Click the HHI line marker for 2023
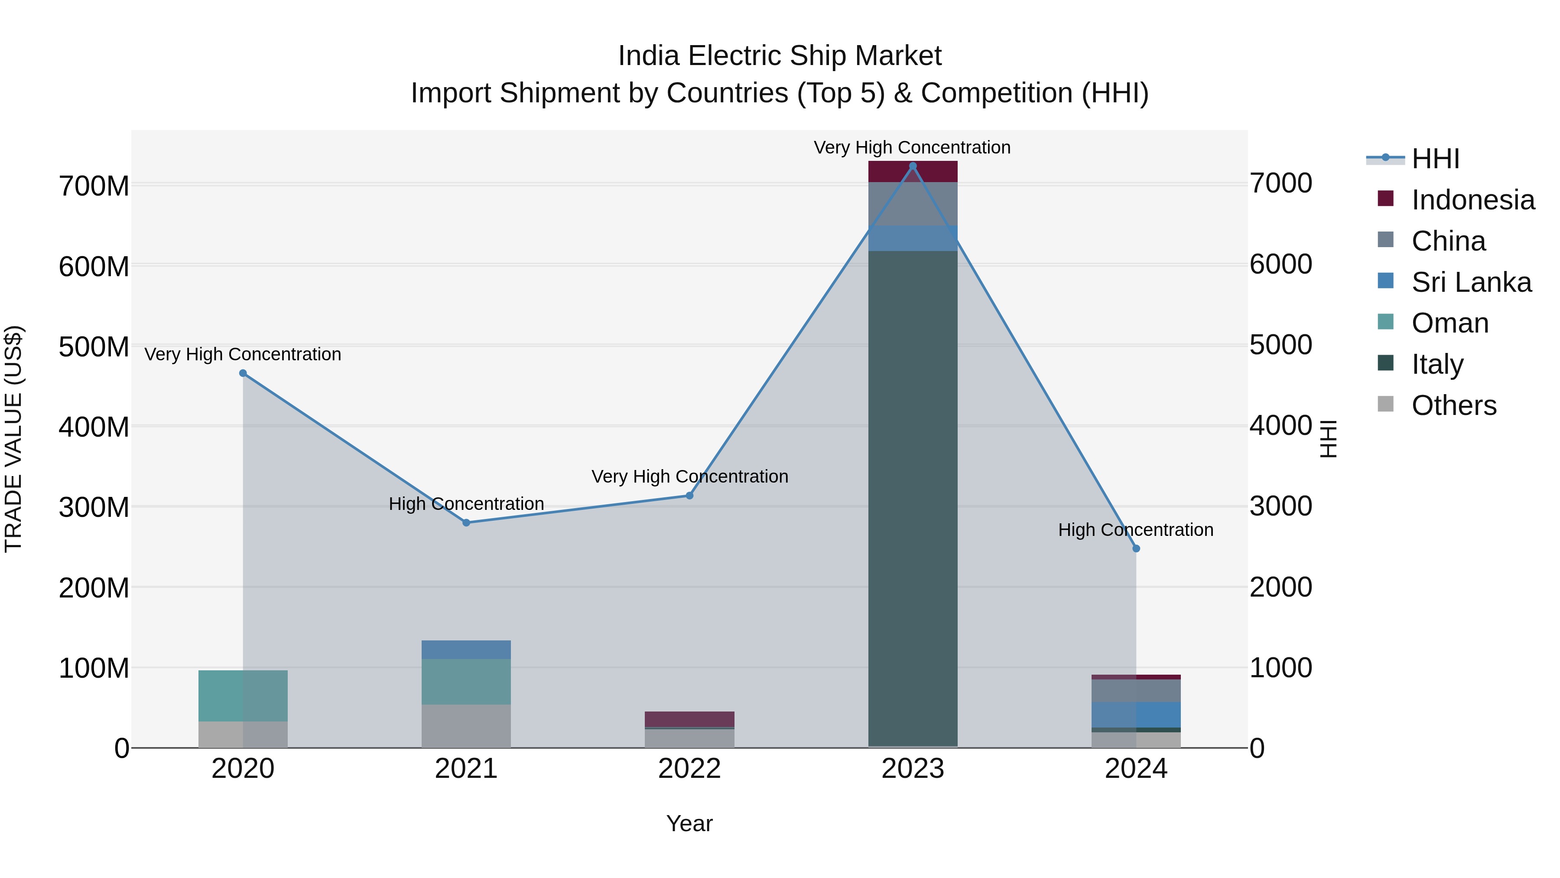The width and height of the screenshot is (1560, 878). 913,166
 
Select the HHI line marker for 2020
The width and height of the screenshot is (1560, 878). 243,373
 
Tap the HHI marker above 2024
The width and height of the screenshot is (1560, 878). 1136,548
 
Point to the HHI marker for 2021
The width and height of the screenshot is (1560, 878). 466,522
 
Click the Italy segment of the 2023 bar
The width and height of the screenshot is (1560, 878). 913,497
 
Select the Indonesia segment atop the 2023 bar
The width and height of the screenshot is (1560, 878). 913,171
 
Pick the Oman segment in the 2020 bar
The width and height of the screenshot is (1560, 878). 243,695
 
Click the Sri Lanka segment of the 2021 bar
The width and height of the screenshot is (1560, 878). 466,650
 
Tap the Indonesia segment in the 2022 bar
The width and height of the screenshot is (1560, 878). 689,719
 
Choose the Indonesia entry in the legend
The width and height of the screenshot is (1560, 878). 1472,200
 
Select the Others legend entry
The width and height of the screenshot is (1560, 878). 1453,405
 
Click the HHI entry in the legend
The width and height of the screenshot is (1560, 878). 1435,159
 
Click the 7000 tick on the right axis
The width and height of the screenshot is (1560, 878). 1281,183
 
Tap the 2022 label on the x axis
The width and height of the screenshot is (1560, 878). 689,769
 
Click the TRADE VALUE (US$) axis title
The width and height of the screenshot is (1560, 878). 13,439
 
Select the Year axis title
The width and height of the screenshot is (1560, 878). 689,823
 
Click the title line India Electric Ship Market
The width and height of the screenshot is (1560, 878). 780,56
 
